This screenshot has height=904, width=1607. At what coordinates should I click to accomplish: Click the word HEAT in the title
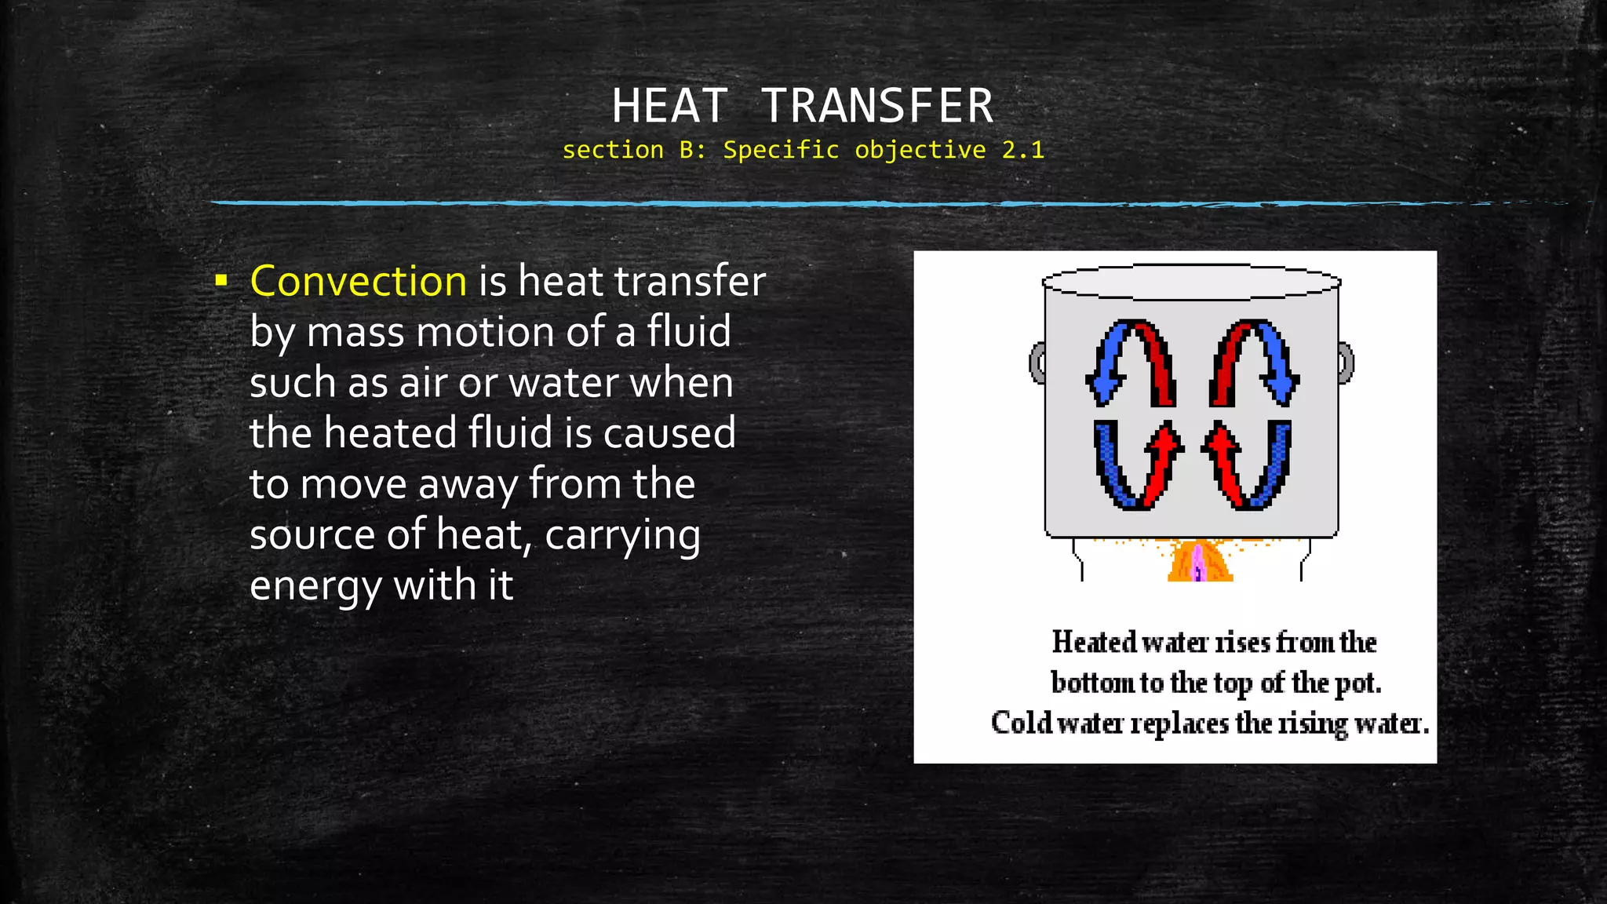pos(669,106)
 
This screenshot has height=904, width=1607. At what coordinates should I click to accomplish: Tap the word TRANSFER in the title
pos(877,106)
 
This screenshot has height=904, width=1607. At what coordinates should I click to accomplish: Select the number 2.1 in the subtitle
pos(1022,150)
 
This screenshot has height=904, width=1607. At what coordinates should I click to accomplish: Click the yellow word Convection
pos(359,281)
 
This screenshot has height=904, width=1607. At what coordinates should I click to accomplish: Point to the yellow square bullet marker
pos(221,279)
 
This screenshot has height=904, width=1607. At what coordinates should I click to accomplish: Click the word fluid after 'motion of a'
pos(688,331)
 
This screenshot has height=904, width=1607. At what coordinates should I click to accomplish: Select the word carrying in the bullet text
pos(622,536)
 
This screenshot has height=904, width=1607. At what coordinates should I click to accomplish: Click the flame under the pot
pos(1199,562)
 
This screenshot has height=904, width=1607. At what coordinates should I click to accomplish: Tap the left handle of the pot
pos(1037,363)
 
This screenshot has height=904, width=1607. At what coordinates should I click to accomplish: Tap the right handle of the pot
pos(1346,363)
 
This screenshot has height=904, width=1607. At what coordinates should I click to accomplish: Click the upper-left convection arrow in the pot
pos(1131,363)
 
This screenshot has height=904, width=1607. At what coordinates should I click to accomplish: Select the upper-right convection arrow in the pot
pos(1253,363)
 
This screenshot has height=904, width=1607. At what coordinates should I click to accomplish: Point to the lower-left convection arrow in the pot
pos(1137,465)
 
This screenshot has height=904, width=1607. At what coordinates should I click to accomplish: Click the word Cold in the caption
pos(1020,722)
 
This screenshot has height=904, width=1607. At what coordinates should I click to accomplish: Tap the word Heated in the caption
pos(1094,642)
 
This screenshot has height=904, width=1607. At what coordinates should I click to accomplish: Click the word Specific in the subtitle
pos(781,150)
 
